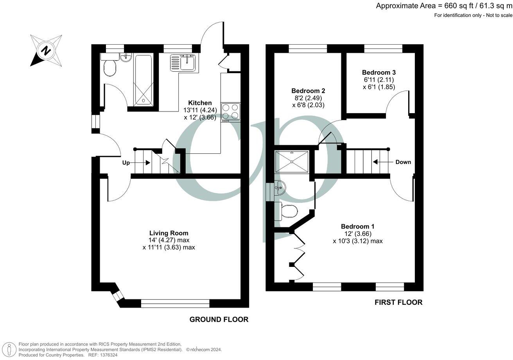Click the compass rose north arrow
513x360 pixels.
pyautogui.click(x=46, y=50)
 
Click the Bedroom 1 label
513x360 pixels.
pyautogui.click(x=357, y=226)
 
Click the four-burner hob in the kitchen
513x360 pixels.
pyautogui.click(x=231, y=111)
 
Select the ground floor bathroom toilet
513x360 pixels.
pyautogui.click(x=110, y=68)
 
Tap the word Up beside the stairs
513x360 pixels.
pyautogui.click(x=126, y=163)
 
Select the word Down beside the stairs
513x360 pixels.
pyautogui.click(x=403, y=162)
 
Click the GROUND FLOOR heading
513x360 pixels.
pyautogui.click(x=219, y=319)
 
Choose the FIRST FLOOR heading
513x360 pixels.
pyautogui.click(x=398, y=302)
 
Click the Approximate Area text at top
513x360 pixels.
pyautogui.click(x=444, y=5)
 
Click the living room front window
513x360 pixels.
pyautogui.click(x=175, y=303)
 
